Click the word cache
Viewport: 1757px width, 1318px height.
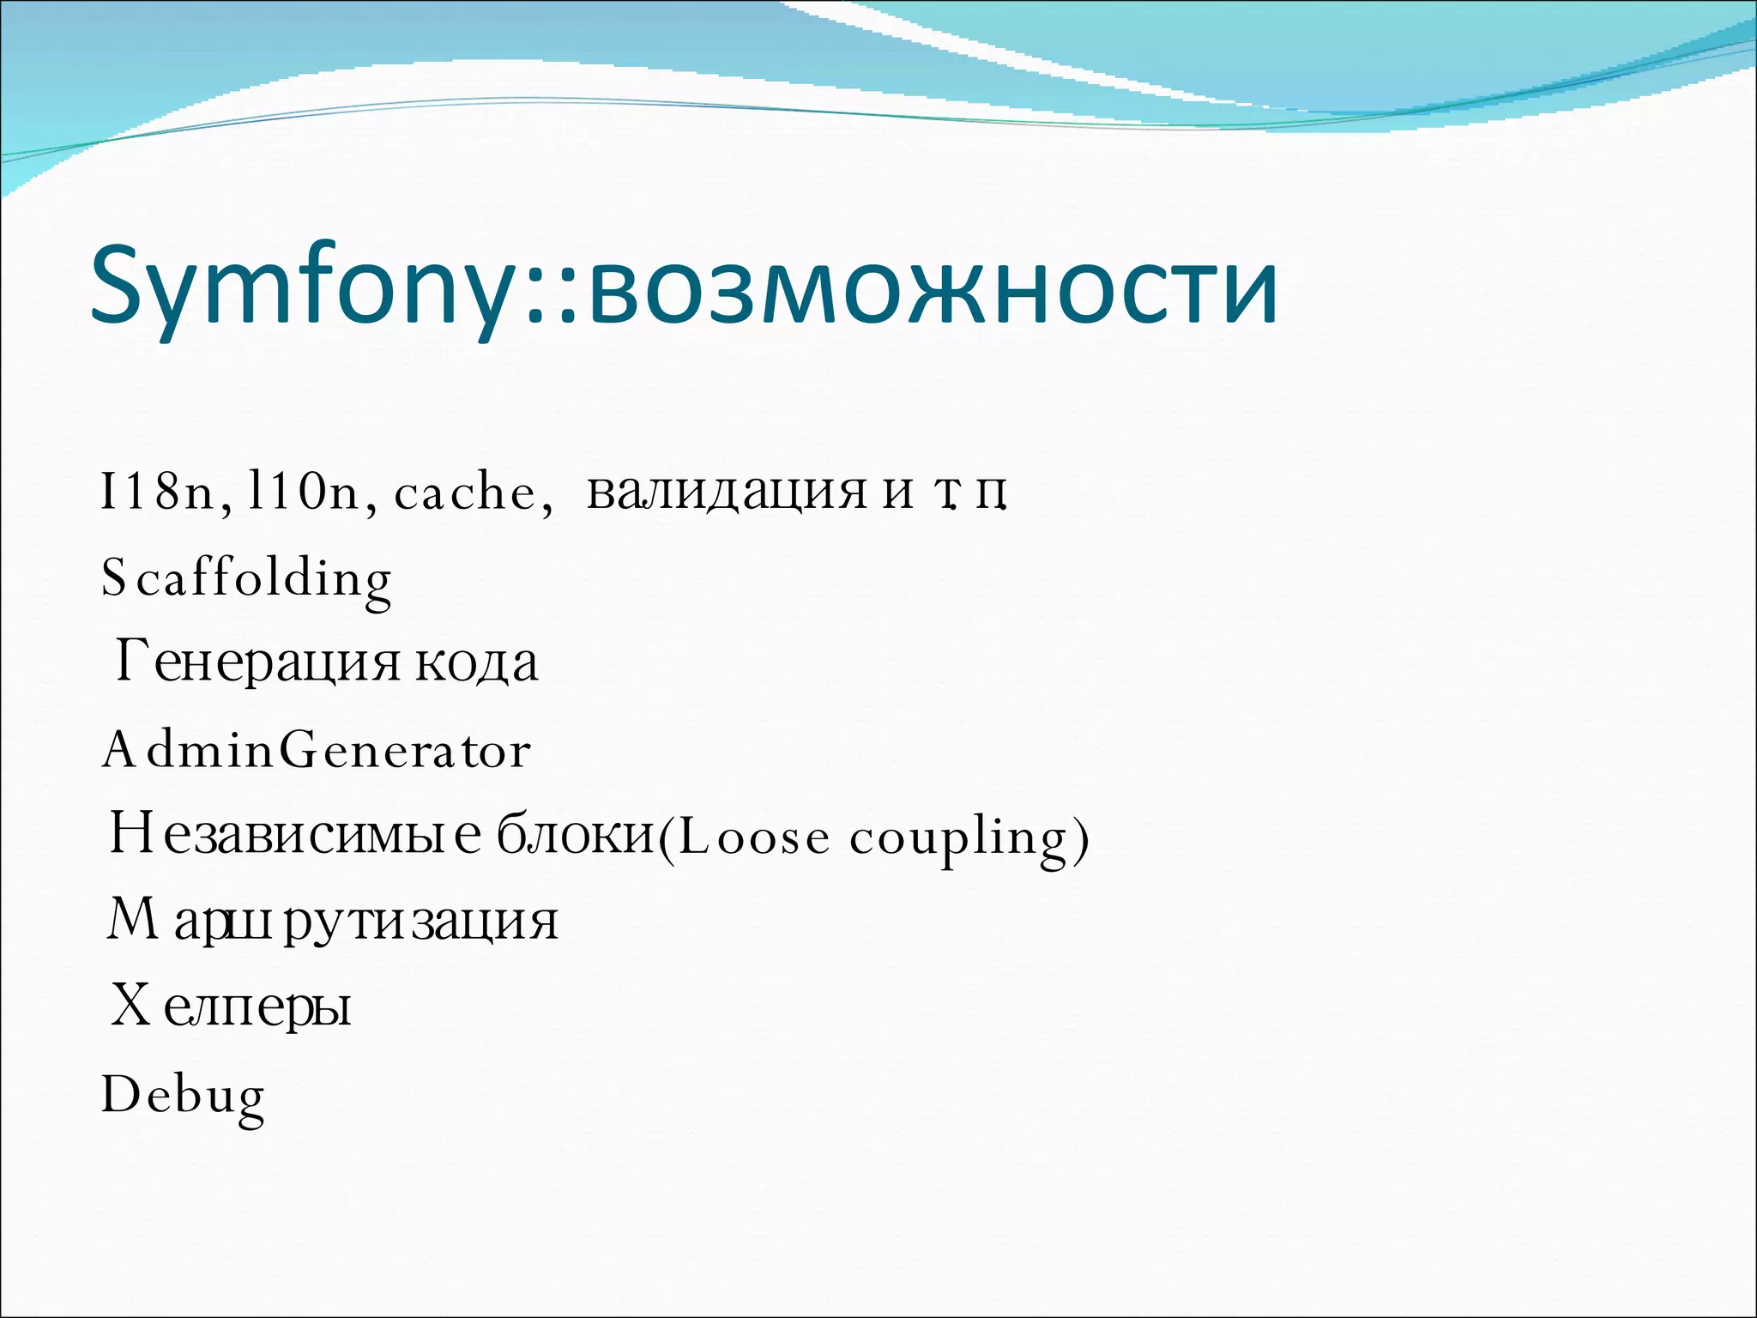tap(464, 493)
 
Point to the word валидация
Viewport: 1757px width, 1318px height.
tap(726, 493)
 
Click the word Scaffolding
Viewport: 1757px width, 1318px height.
tap(246, 578)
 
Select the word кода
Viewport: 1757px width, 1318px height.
tap(477, 663)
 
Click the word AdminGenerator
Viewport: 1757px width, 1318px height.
tap(317, 750)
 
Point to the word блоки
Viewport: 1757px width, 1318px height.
tap(576, 834)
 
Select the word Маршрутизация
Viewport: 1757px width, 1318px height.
tap(332, 921)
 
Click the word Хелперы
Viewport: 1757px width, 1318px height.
tap(231, 1006)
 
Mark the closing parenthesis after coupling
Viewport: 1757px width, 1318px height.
tap(1081, 838)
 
